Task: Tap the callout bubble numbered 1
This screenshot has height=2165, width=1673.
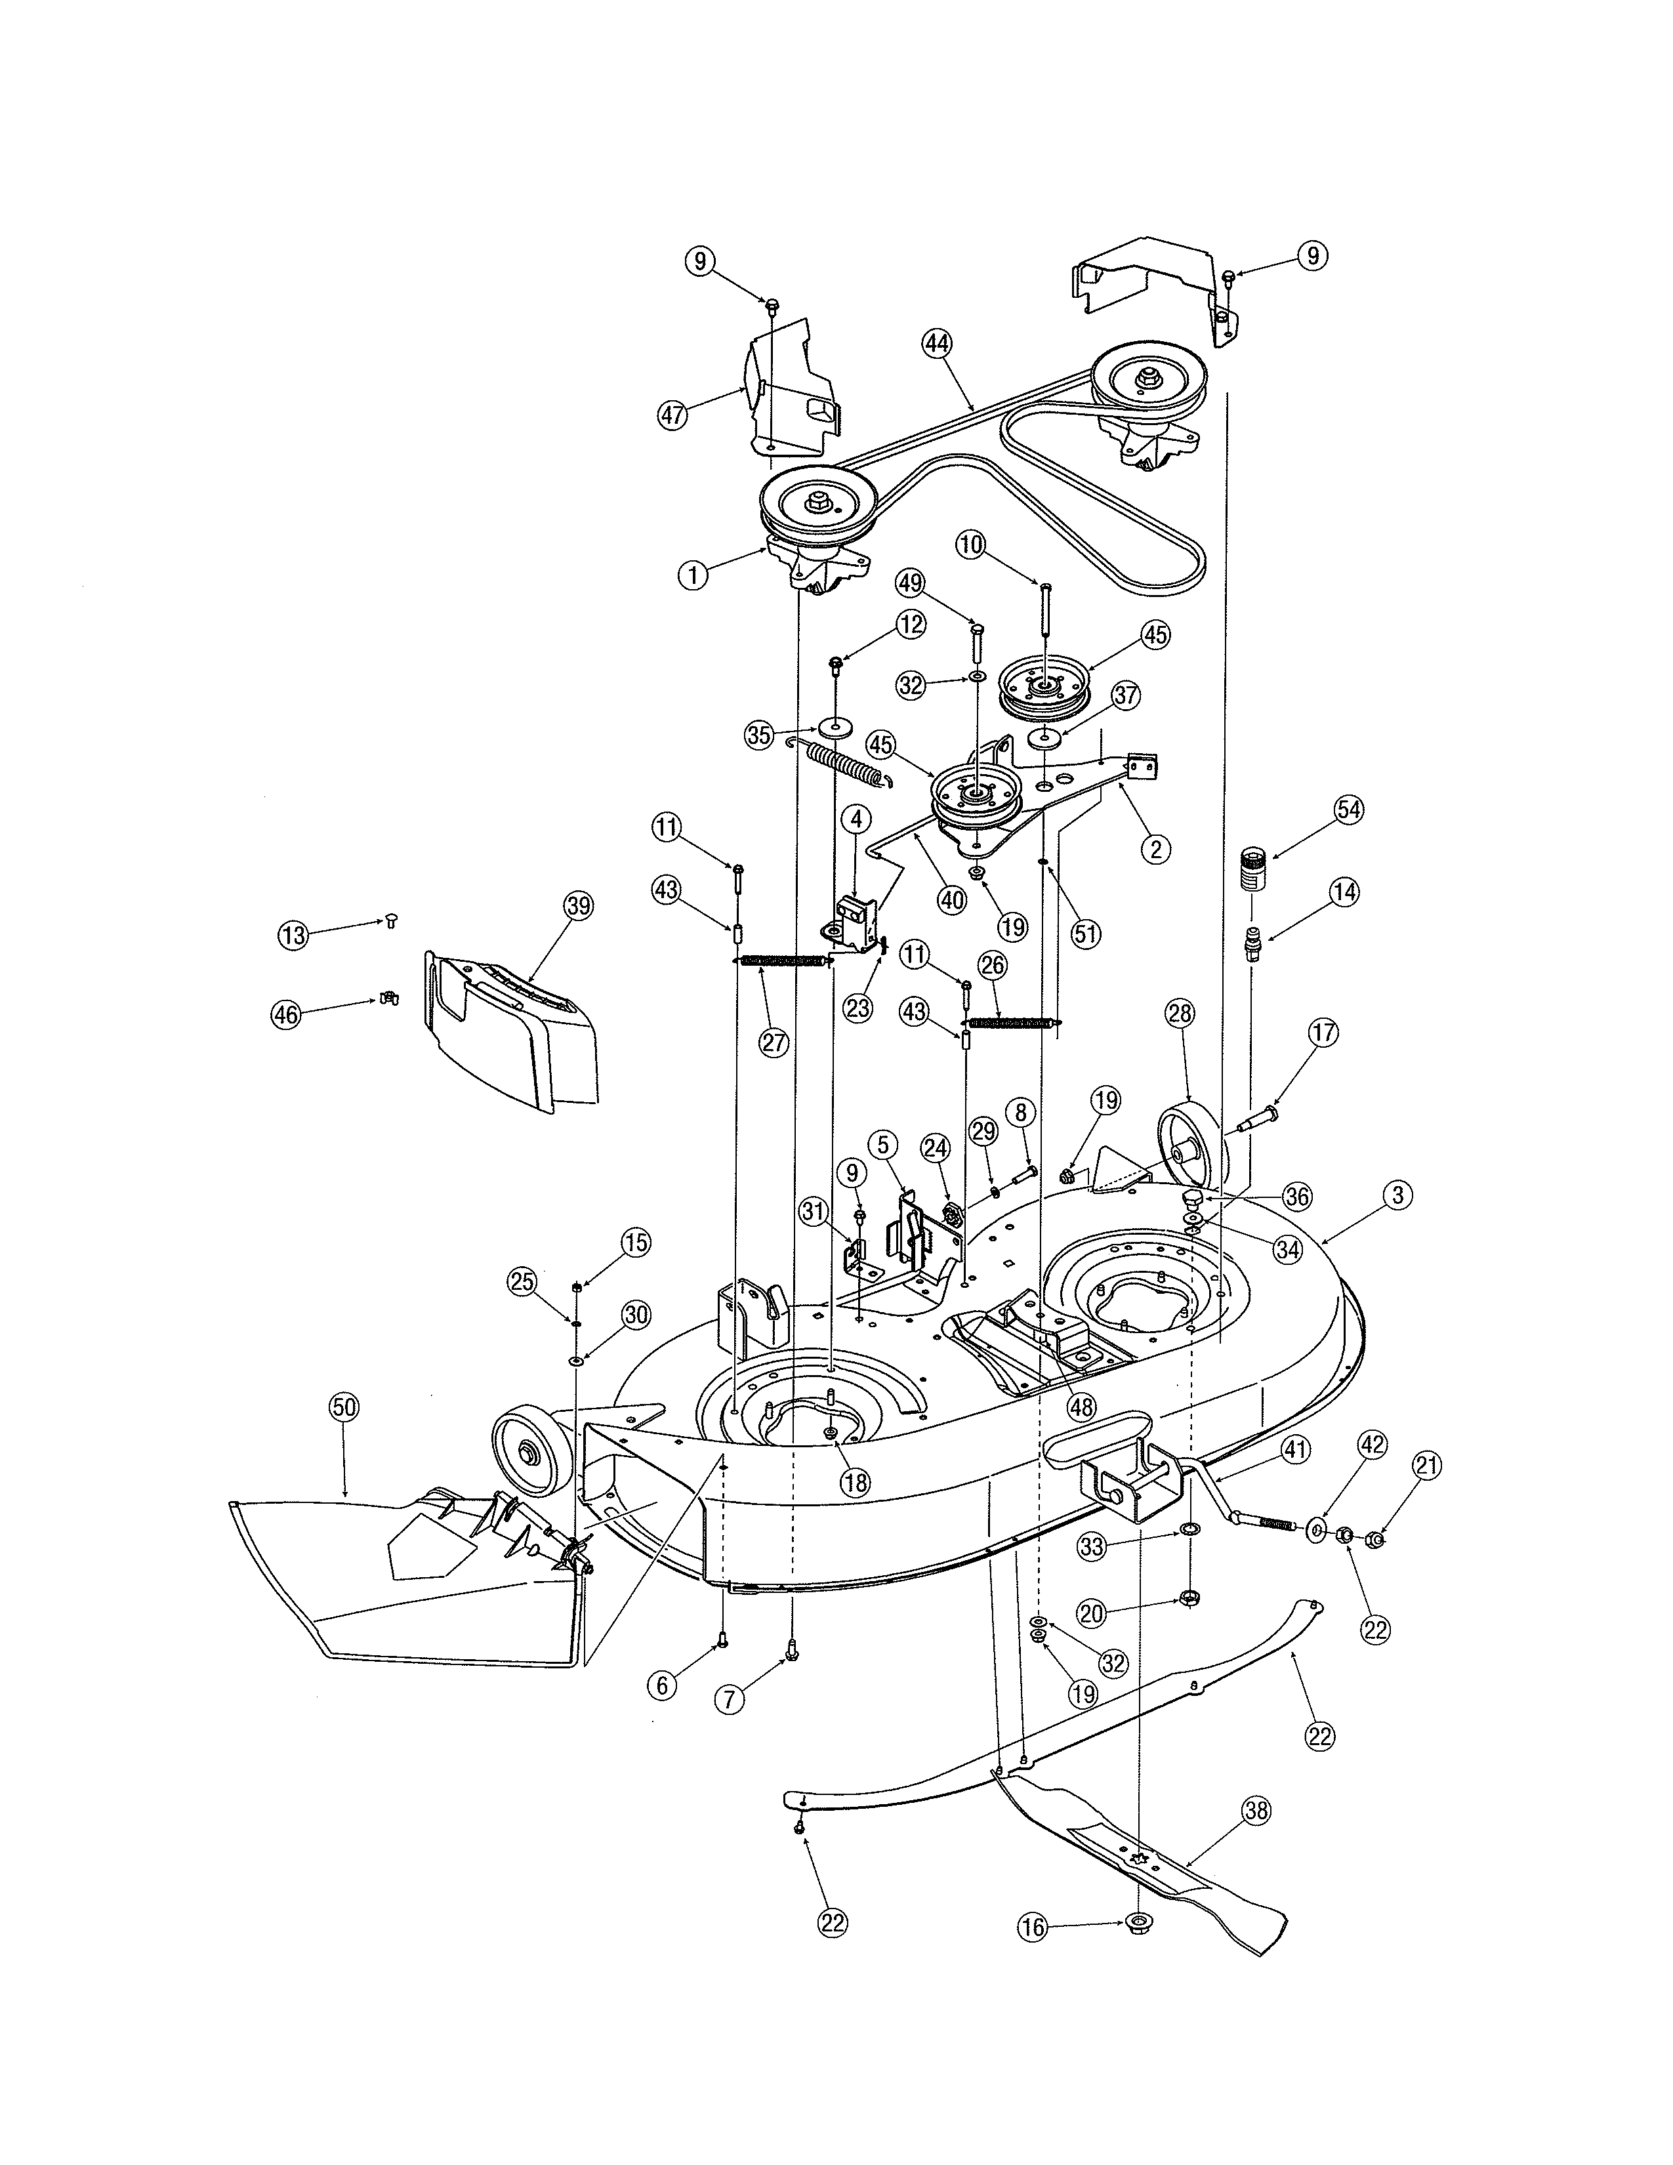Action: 693,575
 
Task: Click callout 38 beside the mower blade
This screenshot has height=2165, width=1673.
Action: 1256,1811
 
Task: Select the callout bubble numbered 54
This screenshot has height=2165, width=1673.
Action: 1348,810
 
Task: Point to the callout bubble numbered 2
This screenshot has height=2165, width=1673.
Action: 1153,850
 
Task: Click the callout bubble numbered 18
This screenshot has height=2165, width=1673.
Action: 854,1483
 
